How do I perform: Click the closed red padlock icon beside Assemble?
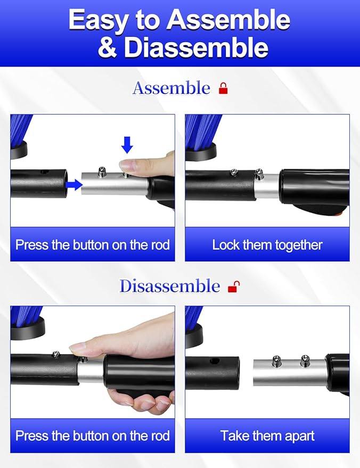[223, 88]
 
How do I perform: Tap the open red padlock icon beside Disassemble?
[234, 286]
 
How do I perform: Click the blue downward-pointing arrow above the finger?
[127, 145]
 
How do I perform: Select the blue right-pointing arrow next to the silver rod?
[73, 185]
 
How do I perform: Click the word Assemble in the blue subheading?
[171, 88]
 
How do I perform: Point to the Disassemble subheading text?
[169, 286]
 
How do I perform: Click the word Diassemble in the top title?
[196, 48]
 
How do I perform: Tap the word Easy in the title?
[98, 20]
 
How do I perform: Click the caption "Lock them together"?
[267, 245]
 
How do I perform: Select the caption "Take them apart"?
[267, 436]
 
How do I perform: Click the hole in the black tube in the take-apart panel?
[213, 361]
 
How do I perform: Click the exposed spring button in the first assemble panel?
[102, 171]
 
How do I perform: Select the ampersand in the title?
[107, 48]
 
